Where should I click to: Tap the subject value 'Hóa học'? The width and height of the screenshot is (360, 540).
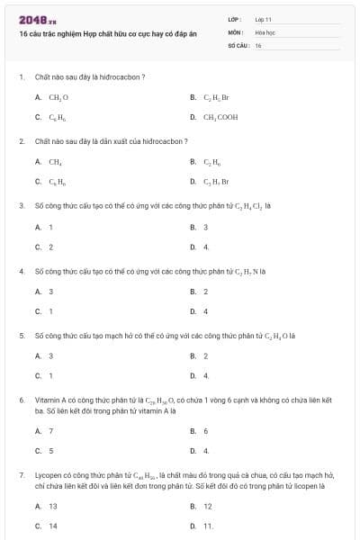(265, 31)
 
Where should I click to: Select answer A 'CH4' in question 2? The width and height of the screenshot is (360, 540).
(55, 162)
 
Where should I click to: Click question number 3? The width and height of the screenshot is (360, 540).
(22, 205)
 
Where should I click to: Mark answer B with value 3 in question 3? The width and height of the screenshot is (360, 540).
(205, 227)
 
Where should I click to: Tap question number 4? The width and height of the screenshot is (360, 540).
(22, 270)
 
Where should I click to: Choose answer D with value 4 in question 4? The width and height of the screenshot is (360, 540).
(205, 311)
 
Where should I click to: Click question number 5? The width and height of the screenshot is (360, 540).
(22, 335)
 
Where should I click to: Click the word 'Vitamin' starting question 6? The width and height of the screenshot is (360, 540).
(46, 399)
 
